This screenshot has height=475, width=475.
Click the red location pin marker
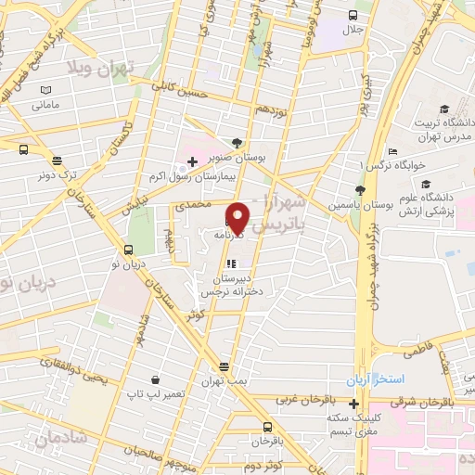click(x=237, y=217)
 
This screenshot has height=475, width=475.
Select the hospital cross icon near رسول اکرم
click(x=192, y=161)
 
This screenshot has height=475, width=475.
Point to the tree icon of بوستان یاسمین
click(x=360, y=189)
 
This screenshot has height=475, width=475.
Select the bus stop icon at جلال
click(x=353, y=15)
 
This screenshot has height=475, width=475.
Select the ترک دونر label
click(x=58, y=174)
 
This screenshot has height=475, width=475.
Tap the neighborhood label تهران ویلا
click(x=100, y=67)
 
